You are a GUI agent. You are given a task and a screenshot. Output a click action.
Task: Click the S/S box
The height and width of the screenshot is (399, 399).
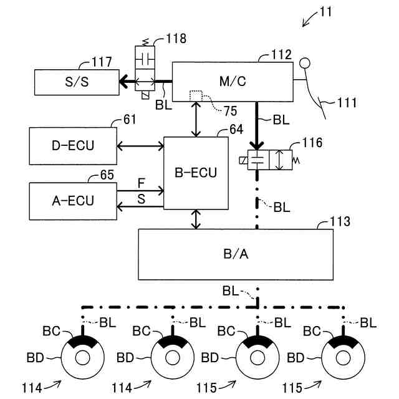click(75, 82)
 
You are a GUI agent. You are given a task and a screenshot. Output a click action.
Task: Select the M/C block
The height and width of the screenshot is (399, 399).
click(232, 81)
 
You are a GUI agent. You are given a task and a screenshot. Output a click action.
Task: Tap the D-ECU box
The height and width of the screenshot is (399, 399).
click(72, 146)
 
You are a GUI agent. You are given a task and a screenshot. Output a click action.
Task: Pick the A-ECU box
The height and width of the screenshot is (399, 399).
click(72, 201)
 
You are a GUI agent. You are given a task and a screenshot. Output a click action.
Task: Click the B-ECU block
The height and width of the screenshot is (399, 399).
click(196, 173)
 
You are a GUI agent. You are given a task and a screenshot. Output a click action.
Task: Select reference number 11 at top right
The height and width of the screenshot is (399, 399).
click(325, 11)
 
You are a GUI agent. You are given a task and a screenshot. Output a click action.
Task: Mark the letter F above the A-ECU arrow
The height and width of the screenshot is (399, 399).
click(141, 184)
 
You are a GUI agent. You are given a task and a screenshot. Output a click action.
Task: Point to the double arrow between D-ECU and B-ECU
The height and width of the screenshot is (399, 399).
click(140, 146)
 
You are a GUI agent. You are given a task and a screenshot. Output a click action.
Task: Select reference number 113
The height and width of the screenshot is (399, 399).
click(340, 222)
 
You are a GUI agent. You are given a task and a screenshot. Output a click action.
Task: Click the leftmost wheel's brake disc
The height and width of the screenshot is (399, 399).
click(83, 358)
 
